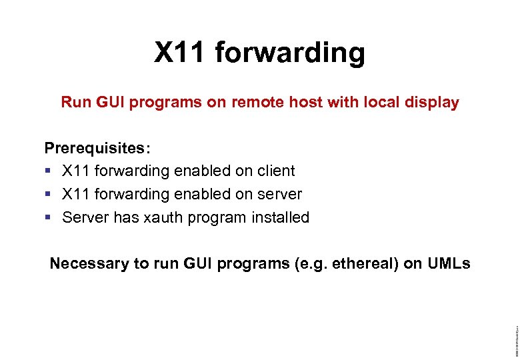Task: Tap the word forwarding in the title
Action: pyautogui.click(x=291, y=53)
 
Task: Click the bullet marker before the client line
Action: pyautogui.click(x=48, y=171)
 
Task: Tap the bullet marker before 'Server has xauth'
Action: pyautogui.click(x=48, y=218)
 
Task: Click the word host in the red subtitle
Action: pyautogui.click(x=289, y=103)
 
